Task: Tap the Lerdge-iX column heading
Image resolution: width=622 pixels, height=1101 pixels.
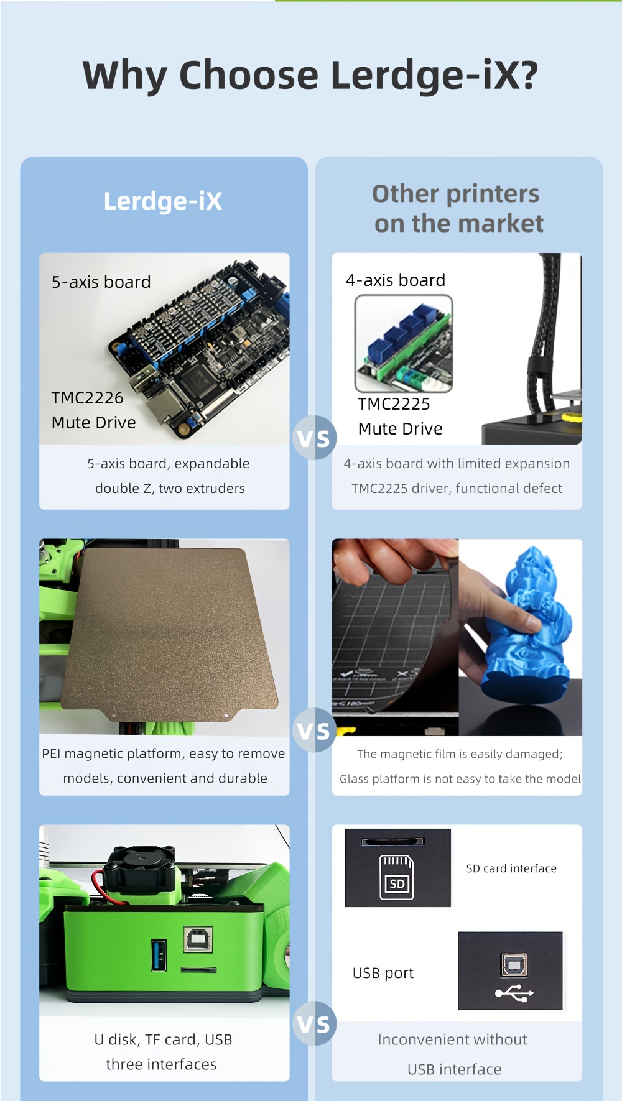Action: (163, 201)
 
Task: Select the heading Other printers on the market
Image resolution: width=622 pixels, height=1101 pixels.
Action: (457, 208)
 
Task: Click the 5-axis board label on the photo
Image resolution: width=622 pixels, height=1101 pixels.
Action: (101, 282)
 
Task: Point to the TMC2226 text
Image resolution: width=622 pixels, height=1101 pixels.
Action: (87, 398)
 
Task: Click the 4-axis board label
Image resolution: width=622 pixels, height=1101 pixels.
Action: (396, 280)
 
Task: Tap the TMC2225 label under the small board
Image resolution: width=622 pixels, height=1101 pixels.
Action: (394, 404)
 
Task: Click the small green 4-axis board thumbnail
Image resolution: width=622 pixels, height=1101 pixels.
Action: (404, 343)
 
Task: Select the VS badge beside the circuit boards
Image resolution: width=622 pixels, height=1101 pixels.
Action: (314, 438)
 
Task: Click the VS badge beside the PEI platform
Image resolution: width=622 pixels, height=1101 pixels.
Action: (314, 730)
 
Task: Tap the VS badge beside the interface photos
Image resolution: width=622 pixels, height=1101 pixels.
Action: (314, 1023)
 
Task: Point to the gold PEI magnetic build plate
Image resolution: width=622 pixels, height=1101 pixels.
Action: (174, 634)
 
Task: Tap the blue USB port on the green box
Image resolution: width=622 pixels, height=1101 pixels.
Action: (159, 955)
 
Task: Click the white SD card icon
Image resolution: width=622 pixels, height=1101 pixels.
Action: (397, 877)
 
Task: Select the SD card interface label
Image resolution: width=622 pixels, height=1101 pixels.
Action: (511, 868)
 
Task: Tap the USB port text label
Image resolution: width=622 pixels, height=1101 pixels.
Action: (383, 974)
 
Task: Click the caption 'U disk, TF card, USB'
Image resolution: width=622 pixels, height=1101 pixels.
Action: (163, 1039)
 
